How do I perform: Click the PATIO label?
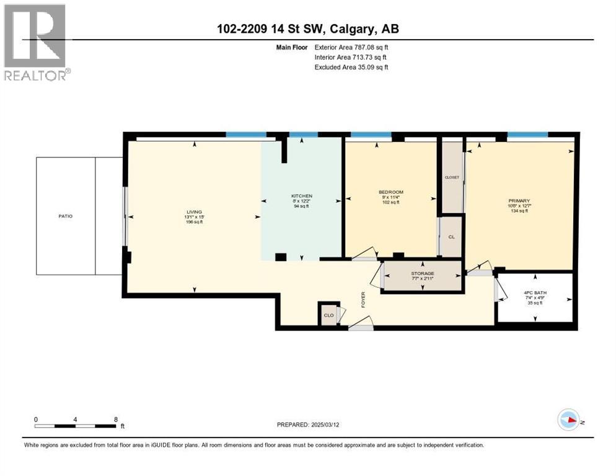coord(66,216)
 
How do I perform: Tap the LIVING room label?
coord(195,212)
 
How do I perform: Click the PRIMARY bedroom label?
coord(519,201)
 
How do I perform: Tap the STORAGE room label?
coord(423,273)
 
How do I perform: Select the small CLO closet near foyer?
coord(328,315)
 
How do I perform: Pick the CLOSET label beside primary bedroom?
coord(452,177)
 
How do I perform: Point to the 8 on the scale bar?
coord(116,419)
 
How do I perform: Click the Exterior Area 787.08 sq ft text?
coord(351,47)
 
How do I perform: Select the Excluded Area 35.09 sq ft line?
coord(351,67)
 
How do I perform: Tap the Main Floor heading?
coord(294,47)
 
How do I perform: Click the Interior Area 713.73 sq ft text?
coord(351,57)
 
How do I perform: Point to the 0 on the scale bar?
coord(36,419)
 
